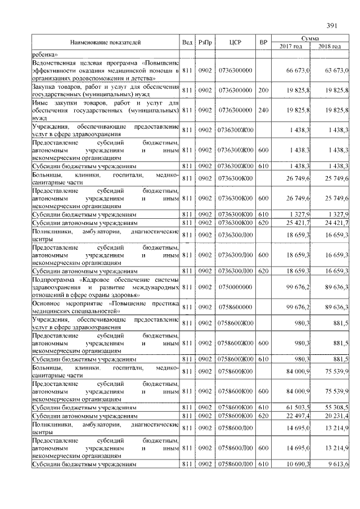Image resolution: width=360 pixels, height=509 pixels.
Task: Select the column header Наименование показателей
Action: (105, 43)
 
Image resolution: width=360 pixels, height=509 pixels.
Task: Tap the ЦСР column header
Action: (235, 43)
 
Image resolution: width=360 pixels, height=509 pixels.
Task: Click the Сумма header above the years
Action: (310, 38)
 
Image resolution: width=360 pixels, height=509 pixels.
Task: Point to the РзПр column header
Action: (205, 43)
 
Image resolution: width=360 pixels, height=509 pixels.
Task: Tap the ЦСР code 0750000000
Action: (235, 287)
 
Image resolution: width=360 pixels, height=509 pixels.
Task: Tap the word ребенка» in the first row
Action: (44, 54)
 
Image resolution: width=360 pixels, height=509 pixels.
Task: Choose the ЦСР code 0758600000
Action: (235, 307)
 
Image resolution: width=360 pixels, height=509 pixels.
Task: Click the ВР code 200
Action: (263, 90)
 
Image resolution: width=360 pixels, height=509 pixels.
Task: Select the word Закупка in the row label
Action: (44, 87)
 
